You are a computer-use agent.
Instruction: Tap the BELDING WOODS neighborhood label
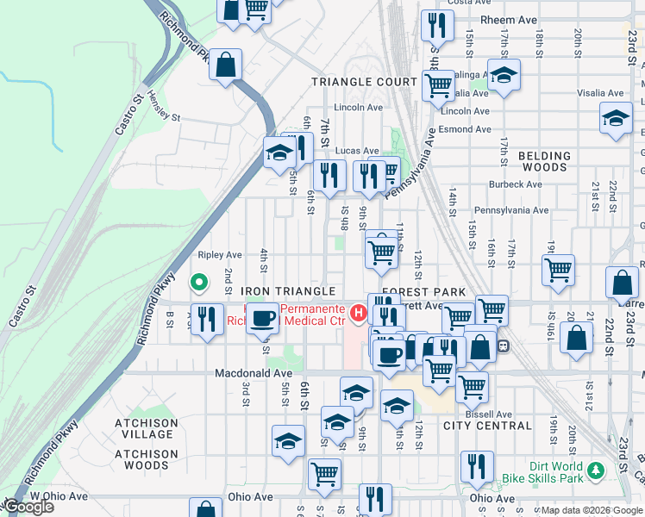coord(545,162)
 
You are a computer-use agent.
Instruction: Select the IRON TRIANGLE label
coord(287,292)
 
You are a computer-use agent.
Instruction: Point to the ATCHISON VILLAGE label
coord(147,429)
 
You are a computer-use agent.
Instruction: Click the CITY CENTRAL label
coord(487,426)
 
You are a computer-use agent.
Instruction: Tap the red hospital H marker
coord(358,311)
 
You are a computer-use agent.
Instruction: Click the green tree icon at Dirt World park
coord(596,471)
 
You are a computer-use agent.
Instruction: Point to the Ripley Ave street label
coord(220,255)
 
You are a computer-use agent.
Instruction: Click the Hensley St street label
coord(163,107)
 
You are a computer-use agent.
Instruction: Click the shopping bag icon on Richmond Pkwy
coord(225,65)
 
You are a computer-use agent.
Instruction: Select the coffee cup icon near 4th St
coord(262,317)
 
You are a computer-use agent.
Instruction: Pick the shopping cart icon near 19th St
coord(558,269)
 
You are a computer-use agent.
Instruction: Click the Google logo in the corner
coord(28,507)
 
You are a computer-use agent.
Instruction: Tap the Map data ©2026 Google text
coord(592,510)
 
